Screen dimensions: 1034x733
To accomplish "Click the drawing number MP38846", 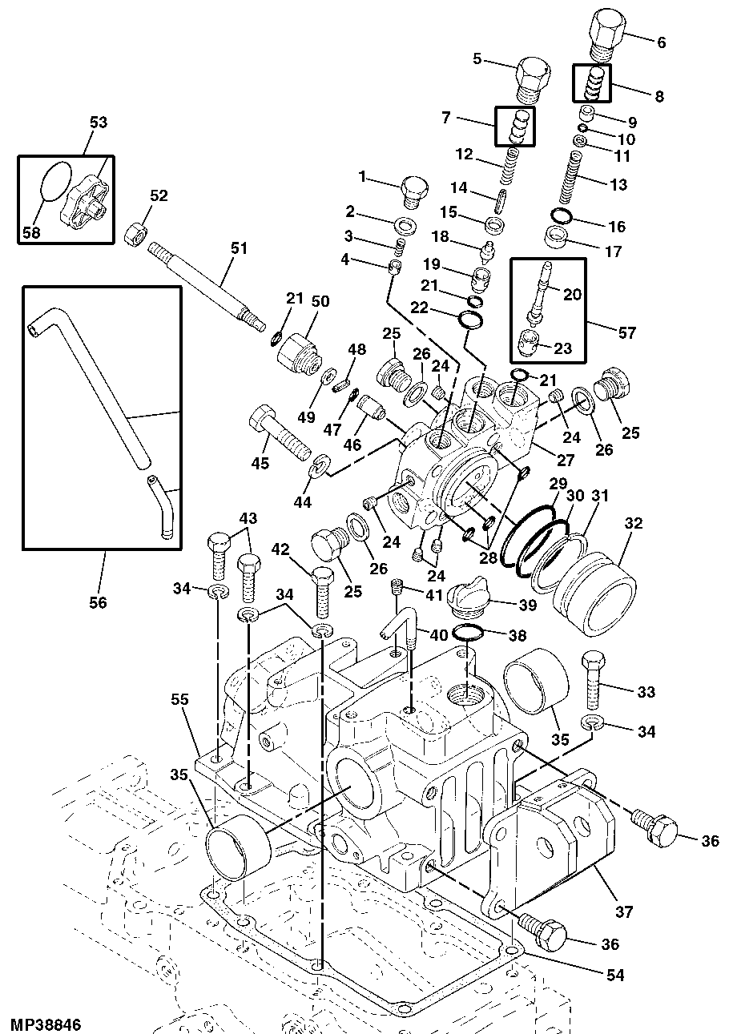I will tap(46, 1024).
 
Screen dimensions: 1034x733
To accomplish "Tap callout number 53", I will tap(98, 123).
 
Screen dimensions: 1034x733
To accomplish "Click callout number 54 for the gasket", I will tap(615, 975).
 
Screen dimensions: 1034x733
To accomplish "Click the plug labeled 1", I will tap(413, 190).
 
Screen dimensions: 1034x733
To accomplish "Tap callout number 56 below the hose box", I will tap(98, 602).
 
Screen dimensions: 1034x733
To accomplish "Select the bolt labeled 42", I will tap(320, 588).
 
